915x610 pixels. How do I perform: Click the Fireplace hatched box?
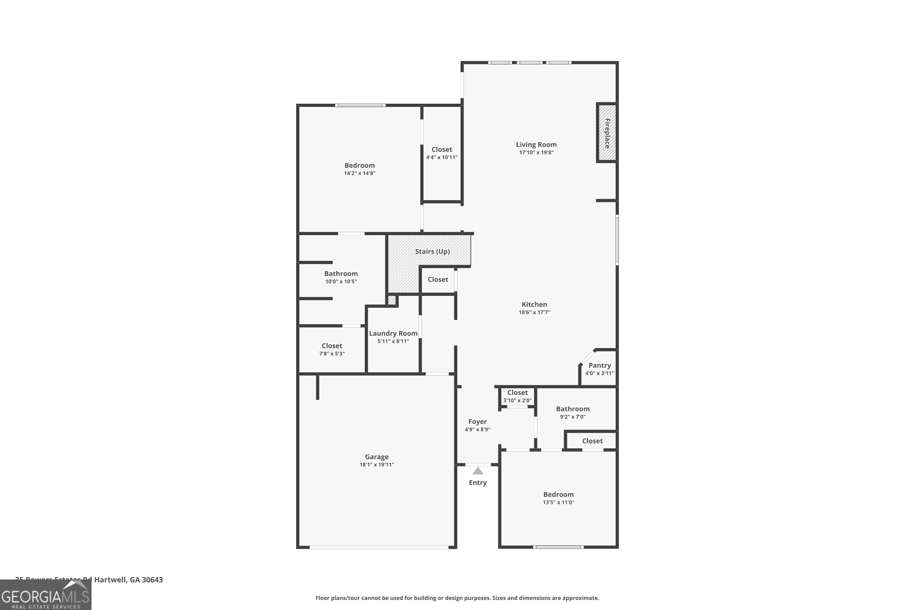(x=607, y=133)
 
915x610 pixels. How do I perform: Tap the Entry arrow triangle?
(x=478, y=471)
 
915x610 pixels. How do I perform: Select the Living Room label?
(x=536, y=144)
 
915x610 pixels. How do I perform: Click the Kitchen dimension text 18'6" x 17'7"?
(x=534, y=312)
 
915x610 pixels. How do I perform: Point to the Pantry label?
(x=600, y=365)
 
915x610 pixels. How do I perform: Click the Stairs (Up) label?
(x=432, y=251)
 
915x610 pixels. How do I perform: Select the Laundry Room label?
(x=393, y=333)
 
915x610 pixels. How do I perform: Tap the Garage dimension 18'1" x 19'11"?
(x=377, y=465)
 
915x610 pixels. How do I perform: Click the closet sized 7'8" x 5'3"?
(x=332, y=349)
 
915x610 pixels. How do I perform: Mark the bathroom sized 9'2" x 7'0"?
(x=573, y=412)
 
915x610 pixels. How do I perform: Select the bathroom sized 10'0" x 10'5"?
(x=341, y=277)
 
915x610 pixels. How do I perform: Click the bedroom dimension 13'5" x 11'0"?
(x=558, y=502)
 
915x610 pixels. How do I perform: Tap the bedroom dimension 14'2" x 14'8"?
(x=360, y=173)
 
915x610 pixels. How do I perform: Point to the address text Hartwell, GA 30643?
(x=128, y=580)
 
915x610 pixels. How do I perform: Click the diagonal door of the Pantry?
(x=587, y=357)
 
